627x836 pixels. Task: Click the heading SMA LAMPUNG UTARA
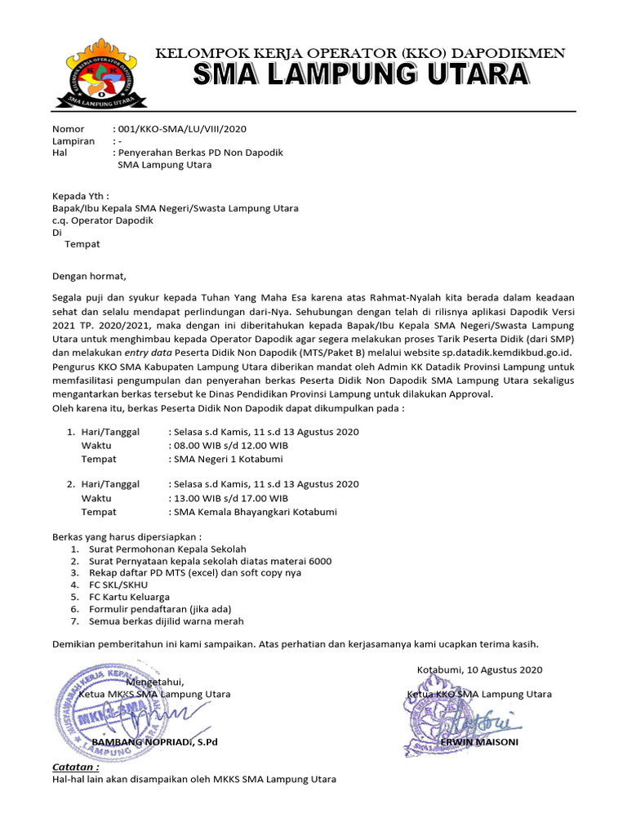360,76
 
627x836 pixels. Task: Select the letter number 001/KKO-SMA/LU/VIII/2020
182,129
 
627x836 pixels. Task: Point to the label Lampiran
73,141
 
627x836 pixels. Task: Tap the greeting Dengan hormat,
90,276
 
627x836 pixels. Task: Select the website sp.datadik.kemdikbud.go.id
484,352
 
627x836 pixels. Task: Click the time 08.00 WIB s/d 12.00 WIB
230,445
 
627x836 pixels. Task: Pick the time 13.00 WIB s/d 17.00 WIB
230,498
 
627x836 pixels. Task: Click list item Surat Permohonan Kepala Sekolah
167,549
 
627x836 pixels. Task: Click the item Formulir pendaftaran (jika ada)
161,609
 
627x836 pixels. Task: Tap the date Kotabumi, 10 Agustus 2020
479,669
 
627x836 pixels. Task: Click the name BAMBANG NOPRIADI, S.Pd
154,742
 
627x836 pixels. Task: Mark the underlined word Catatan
76,767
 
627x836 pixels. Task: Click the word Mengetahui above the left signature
155,682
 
